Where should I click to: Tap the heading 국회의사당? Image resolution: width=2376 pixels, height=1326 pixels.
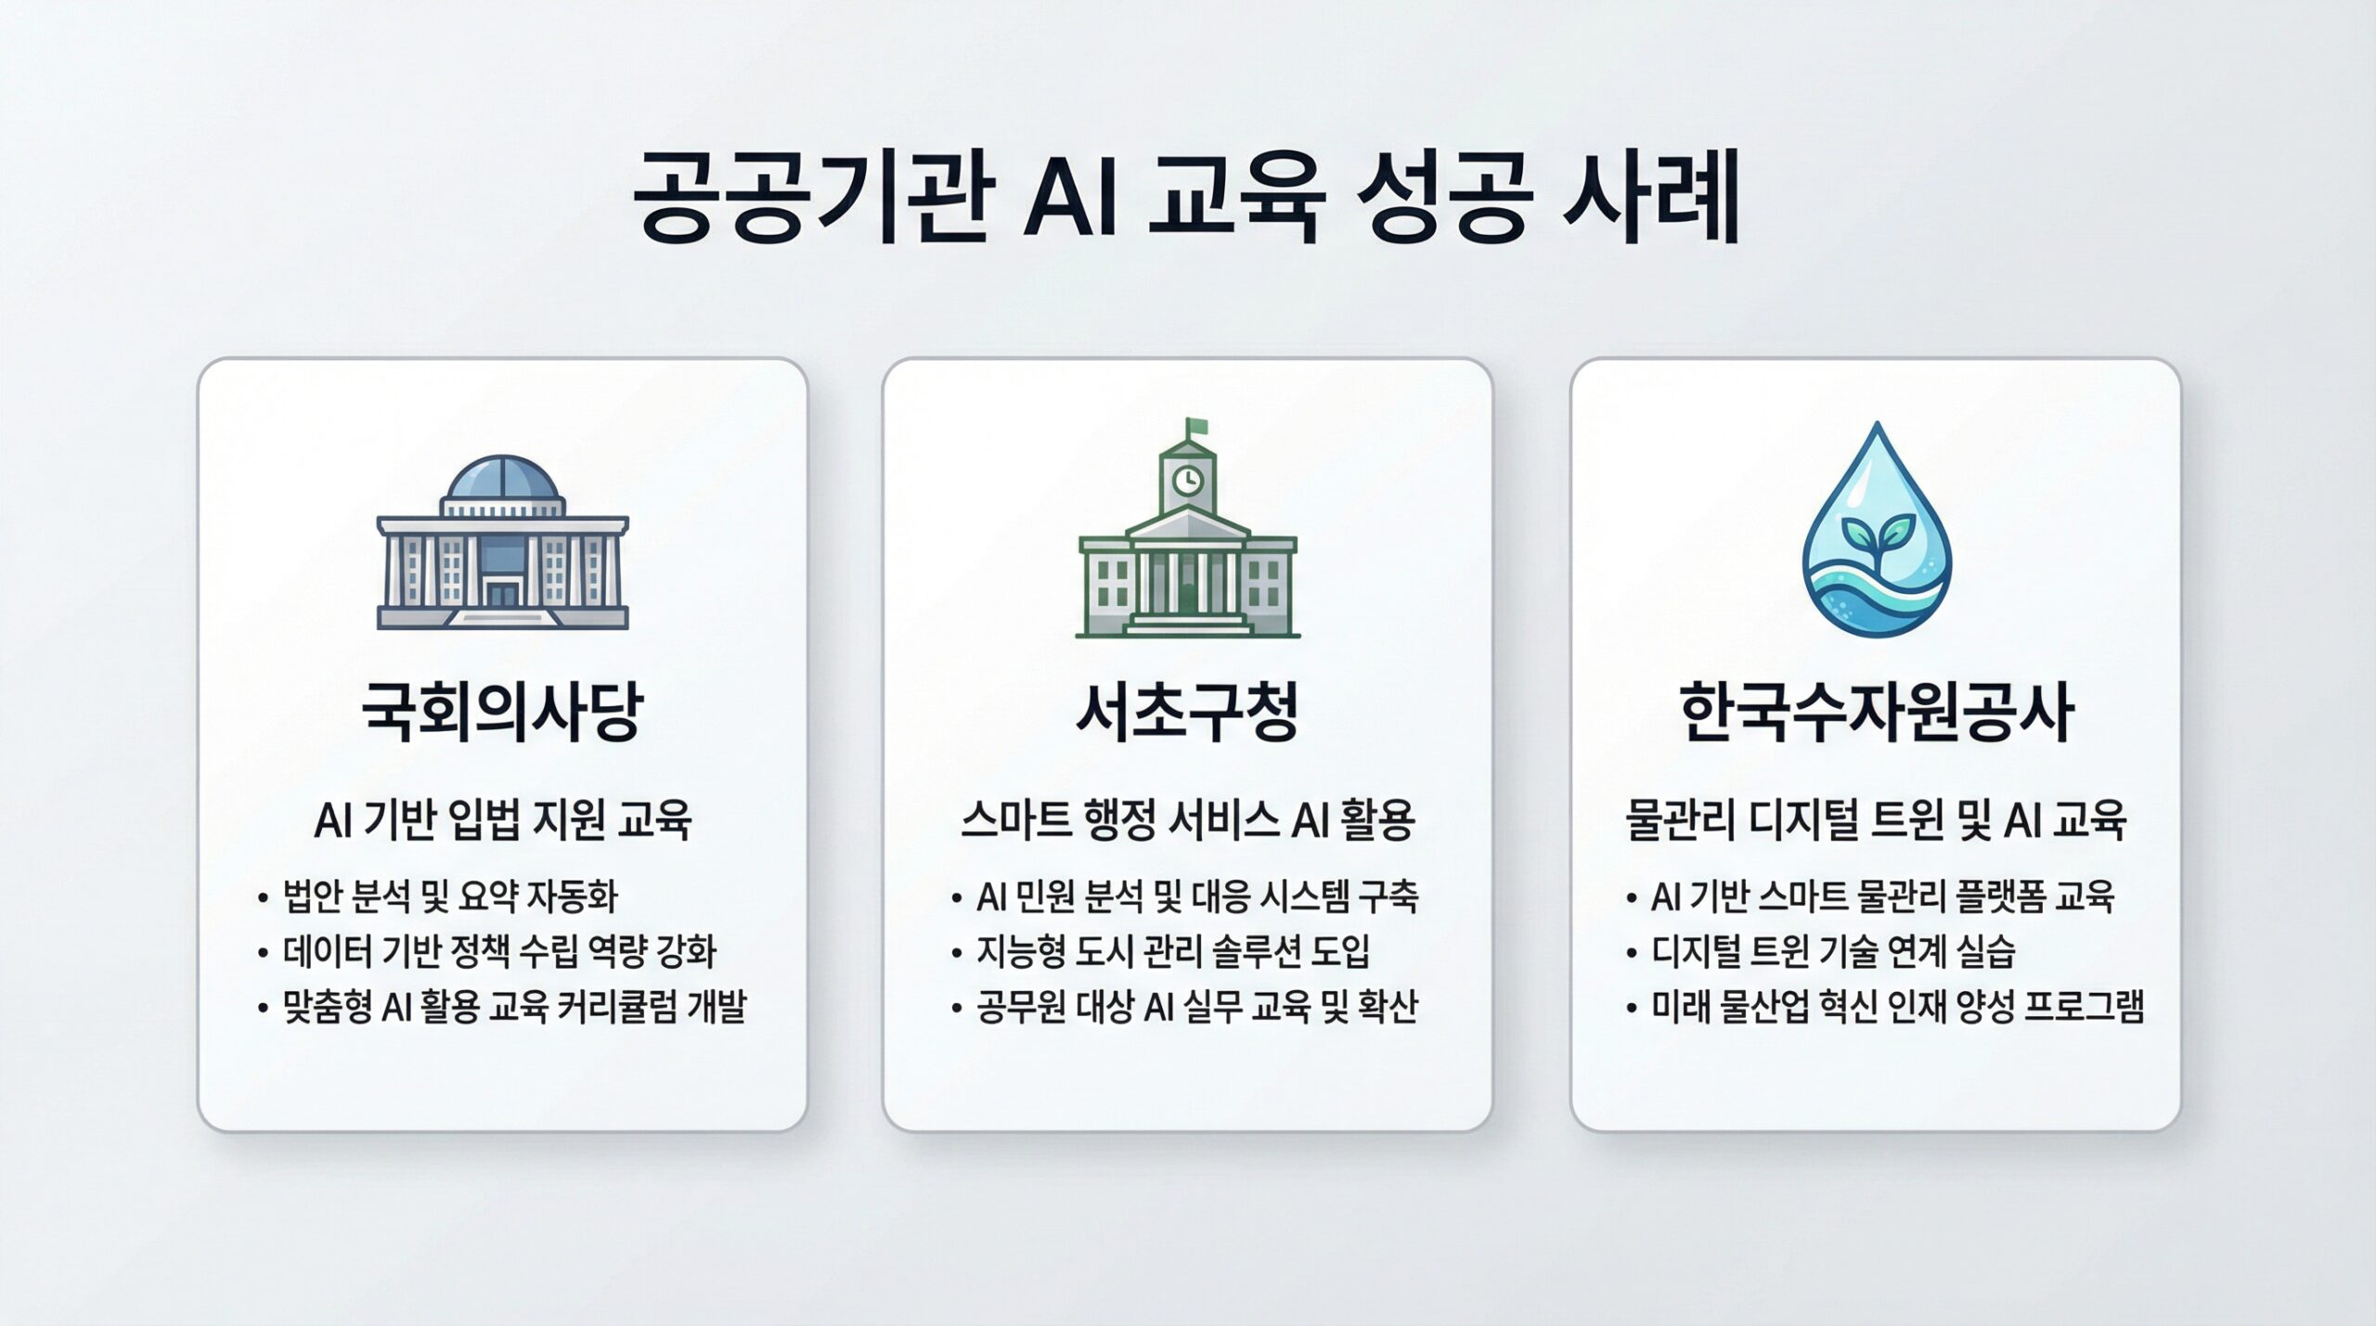point(501,714)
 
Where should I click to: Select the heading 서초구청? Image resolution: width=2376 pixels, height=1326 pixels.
point(1186,714)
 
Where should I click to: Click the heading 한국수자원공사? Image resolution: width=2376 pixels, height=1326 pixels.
point(1875,714)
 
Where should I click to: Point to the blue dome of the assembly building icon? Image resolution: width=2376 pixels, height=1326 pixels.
point(502,478)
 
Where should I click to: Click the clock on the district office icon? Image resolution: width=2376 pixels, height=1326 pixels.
point(1187,480)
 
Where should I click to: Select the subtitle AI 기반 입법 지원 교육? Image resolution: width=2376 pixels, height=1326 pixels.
point(502,820)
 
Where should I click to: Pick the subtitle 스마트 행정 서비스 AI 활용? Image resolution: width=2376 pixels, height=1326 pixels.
point(1187,820)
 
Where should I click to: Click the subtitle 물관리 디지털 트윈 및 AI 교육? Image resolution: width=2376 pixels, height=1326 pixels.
point(1876,820)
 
